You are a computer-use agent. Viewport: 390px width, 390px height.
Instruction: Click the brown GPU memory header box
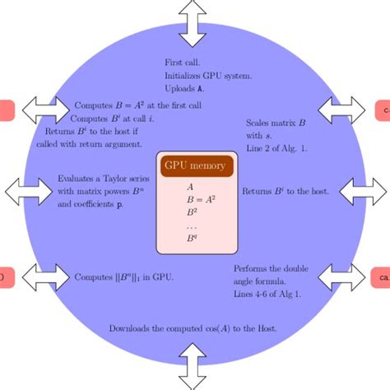point(196,165)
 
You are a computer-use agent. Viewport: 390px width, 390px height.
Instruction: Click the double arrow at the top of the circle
point(195,22)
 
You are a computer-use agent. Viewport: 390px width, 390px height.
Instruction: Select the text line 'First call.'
point(183,63)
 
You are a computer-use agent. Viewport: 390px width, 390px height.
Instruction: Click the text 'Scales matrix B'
point(276,123)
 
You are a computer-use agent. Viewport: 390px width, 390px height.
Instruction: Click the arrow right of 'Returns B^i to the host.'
point(362,191)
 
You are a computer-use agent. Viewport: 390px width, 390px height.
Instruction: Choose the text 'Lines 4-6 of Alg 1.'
point(267,293)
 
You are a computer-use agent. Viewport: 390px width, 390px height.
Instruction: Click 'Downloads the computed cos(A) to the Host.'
point(193,328)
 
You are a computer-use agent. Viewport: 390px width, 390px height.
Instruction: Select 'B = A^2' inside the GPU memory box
point(195,198)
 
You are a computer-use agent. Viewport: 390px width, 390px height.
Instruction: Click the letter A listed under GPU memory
point(191,186)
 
